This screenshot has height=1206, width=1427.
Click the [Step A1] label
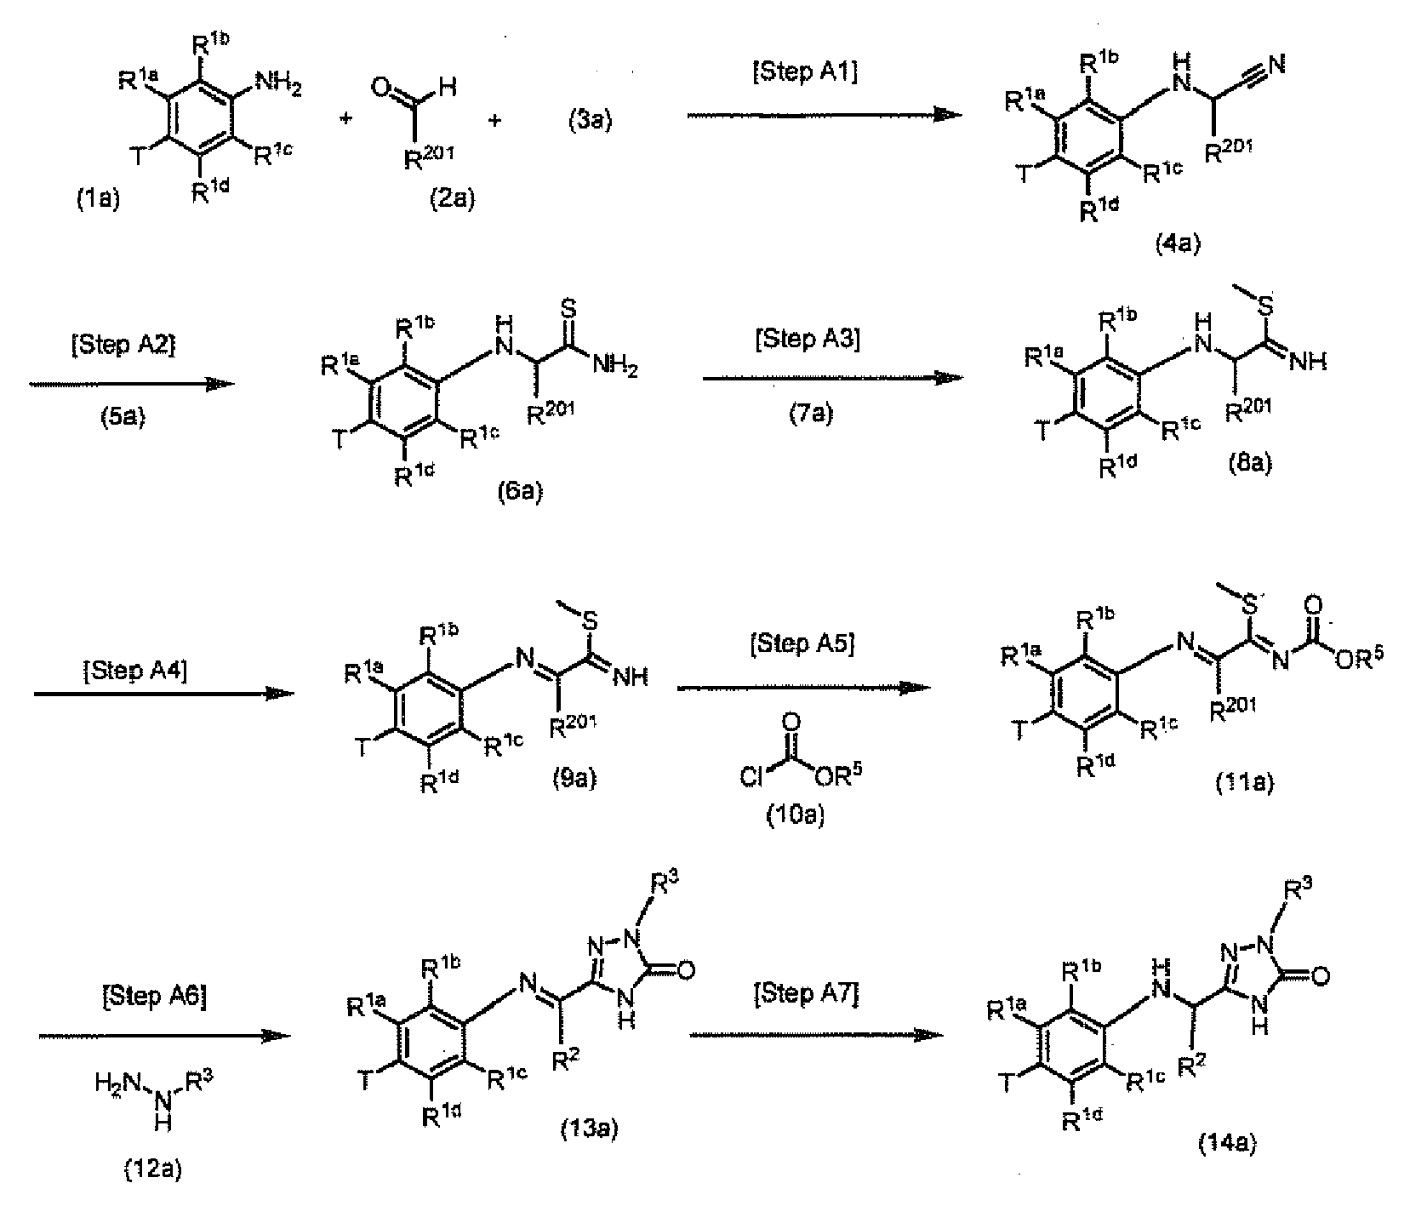[x=805, y=72]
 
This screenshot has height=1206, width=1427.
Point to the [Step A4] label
[x=135, y=669]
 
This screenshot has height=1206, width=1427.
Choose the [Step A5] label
[x=802, y=644]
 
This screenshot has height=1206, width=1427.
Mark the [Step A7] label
[x=806, y=994]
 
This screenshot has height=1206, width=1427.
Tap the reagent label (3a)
[x=590, y=120]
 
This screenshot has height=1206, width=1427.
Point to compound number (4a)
[x=1177, y=244]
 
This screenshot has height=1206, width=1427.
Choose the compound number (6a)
[x=519, y=492]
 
